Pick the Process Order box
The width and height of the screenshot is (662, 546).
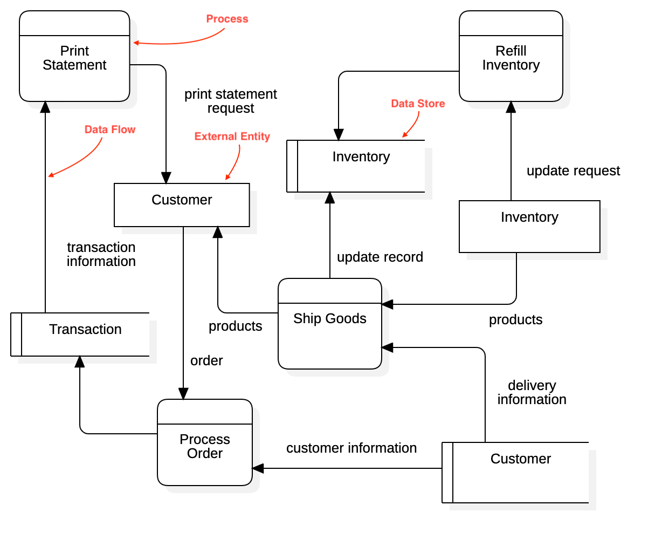point(204,446)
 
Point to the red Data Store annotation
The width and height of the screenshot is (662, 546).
point(418,104)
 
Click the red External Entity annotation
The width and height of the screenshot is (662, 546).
point(232,136)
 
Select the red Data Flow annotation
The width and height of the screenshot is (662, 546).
point(110,129)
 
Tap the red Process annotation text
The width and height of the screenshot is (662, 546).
point(227,19)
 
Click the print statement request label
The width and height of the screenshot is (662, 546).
point(230,101)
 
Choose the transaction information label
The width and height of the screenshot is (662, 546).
point(101,254)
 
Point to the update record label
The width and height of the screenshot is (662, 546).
point(380,257)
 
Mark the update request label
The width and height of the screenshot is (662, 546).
point(573,170)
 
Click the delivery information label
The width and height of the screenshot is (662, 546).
point(532,392)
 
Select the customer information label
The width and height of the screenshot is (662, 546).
point(351,448)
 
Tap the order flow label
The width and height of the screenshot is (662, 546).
point(206,360)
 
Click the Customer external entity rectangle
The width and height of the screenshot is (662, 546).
point(182,205)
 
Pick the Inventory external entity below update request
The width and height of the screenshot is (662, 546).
point(529,227)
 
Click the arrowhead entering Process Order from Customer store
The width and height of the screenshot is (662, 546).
point(258,468)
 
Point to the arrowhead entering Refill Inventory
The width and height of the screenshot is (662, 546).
point(511,107)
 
